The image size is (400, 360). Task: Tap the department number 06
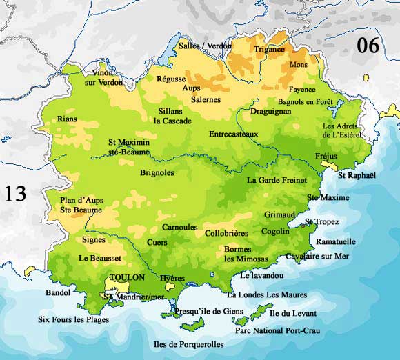(368, 46)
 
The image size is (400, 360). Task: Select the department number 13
(16, 193)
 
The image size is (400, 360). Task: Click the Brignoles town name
(157, 172)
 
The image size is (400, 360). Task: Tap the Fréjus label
(326, 156)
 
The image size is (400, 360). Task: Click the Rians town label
(68, 119)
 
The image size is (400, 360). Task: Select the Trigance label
(269, 50)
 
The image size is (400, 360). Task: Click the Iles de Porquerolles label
(188, 343)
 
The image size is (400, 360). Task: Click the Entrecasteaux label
(233, 134)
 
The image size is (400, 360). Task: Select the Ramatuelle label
(336, 241)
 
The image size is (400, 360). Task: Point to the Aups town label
(191, 88)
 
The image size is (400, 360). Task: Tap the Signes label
(94, 240)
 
